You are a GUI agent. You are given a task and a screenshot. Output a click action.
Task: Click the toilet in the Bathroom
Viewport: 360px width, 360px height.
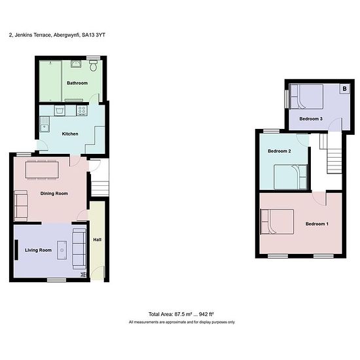[x=93, y=65]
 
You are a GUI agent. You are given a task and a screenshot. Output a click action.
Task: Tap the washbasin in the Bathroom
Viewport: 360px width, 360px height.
[x=76, y=63]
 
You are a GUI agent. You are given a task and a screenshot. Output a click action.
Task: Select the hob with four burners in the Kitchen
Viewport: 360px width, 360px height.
[x=82, y=111]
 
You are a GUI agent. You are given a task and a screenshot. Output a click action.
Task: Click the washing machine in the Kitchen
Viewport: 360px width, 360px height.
[x=60, y=111]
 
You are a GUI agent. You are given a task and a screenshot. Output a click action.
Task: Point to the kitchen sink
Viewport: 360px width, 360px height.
[x=45, y=124]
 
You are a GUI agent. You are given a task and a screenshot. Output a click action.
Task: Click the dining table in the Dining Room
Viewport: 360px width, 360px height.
[x=42, y=170]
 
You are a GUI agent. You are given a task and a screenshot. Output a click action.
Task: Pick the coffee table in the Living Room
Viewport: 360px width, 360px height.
[x=62, y=250]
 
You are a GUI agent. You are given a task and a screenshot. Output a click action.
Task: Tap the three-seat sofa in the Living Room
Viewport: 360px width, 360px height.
[x=79, y=249]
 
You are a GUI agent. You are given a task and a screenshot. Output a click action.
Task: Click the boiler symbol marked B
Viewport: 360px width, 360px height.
[x=344, y=88]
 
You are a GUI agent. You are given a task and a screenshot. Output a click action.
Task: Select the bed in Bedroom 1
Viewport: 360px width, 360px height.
[x=277, y=221]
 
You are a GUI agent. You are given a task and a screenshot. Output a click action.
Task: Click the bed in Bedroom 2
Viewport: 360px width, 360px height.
[x=291, y=177]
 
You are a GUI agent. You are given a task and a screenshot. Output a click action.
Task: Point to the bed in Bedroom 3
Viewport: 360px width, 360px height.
[x=307, y=97]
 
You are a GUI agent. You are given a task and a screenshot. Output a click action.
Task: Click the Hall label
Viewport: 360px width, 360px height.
[x=97, y=240]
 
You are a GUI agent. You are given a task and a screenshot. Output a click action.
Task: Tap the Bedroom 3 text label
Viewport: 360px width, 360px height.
[x=311, y=118]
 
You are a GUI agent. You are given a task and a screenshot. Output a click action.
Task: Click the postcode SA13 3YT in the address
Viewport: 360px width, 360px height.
[x=94, y=35]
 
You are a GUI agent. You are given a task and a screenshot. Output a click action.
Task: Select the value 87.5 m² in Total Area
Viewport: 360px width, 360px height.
[x=183, y=314]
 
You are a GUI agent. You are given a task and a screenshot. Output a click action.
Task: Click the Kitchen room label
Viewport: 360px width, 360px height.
[x=70, y=134]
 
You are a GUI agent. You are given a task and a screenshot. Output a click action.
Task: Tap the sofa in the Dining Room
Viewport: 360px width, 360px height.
[x=21, y=206]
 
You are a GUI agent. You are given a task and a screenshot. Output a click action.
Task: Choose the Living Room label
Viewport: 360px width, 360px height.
[x=38, y=250]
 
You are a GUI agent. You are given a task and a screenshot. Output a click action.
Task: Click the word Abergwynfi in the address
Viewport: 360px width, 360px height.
[x=67, y=35]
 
